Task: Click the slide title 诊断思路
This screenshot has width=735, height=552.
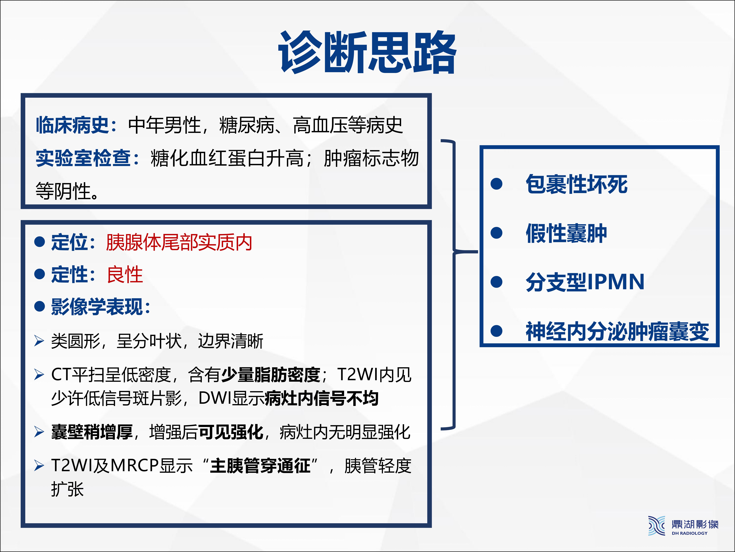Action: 367,52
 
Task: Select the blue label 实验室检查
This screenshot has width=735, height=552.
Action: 83,158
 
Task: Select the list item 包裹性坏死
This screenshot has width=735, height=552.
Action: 577,184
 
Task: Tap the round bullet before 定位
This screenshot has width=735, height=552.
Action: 40,242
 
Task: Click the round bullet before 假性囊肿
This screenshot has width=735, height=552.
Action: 496,233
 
